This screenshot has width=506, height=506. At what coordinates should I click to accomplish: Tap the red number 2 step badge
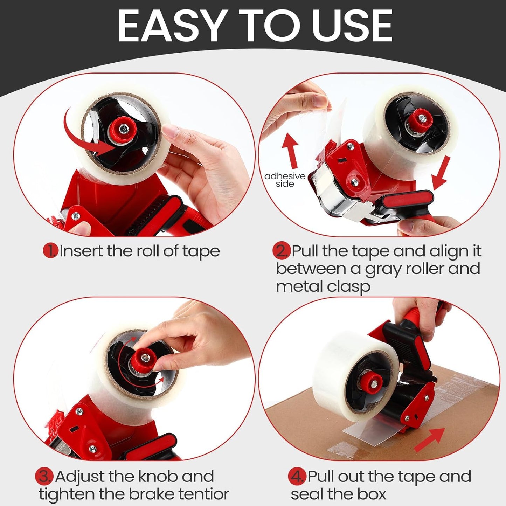pos(282,251)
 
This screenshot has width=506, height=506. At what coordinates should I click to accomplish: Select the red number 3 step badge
pos(44,477)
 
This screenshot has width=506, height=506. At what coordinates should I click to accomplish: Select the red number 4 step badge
pos(297,477)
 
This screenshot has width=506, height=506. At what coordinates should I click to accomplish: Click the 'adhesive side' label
pos(285,180)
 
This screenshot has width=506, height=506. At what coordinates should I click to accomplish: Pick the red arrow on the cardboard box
pos(429,440)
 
